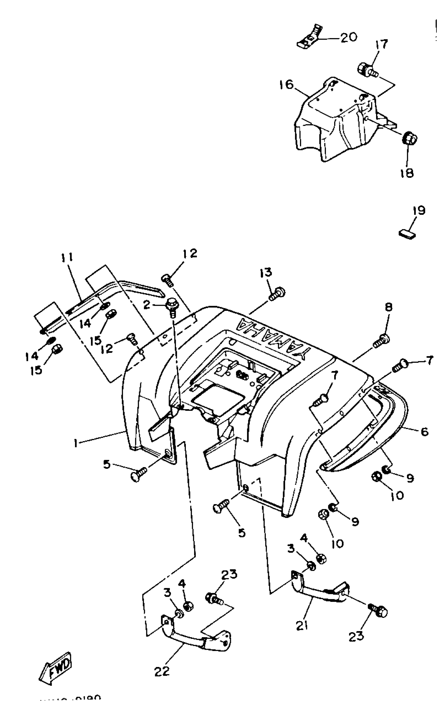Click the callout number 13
tap(266, 272)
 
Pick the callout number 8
tap(388, 307)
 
